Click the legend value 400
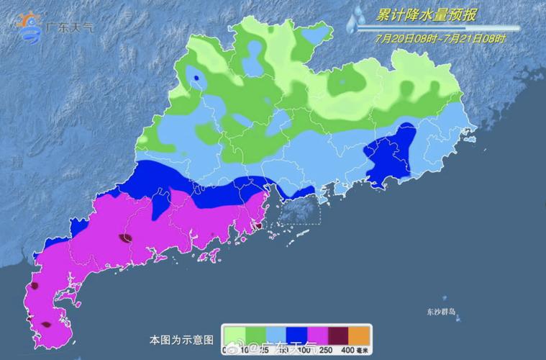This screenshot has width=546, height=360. [347, 350]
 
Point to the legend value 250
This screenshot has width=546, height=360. [327, 350]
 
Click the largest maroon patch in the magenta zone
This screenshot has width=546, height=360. [126, 238]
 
